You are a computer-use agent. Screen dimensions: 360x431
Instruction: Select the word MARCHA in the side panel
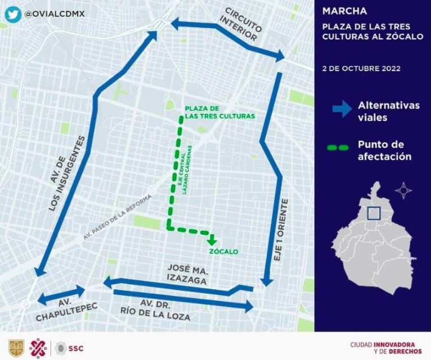(x=345, y=11)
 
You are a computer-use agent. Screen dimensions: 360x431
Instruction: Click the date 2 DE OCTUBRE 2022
(x=361, y=69)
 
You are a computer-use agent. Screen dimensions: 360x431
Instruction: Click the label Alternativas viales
(x=388, y=111)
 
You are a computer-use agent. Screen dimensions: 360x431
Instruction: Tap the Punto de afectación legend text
(x=384, y=150)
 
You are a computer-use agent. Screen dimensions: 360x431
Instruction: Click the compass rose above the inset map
(x=403, y=190)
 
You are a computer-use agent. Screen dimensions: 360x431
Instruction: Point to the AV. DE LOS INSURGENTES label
(x=67, y=173)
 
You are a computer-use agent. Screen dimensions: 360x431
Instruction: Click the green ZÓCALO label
(x=223, y=251)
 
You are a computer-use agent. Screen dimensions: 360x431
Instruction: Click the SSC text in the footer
(x=76, y=348)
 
